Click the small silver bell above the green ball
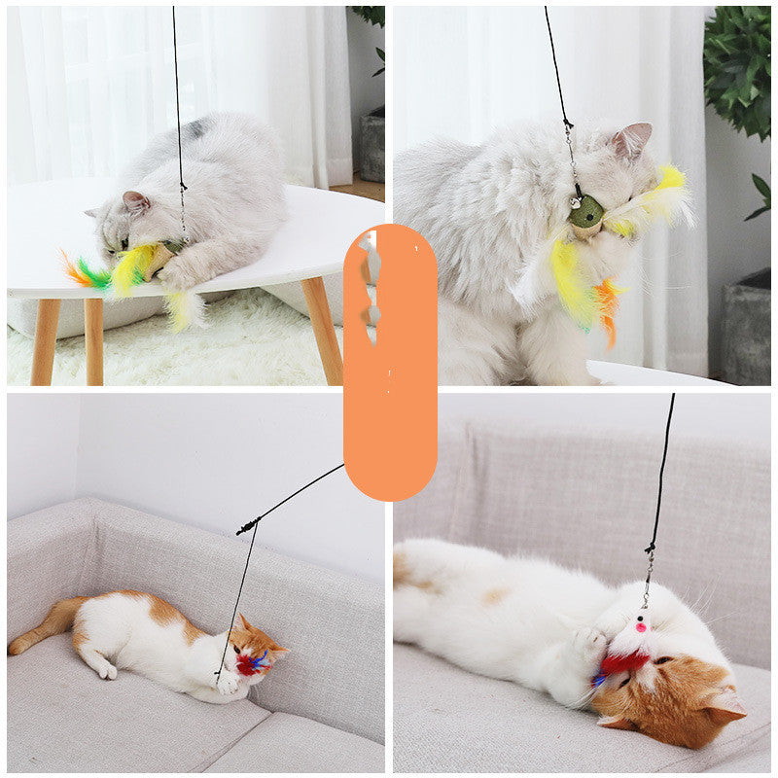coord(576,200)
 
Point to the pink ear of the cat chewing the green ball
coord(633,139)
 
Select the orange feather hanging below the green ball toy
coord(608,306)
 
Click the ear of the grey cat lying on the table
coord(135,201)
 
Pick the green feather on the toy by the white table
coord(95,274)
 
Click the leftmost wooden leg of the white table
coord(44,340)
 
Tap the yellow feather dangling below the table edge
coord(180,309)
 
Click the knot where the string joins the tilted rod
coord(249,526)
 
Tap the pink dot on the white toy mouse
coord(640,627)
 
